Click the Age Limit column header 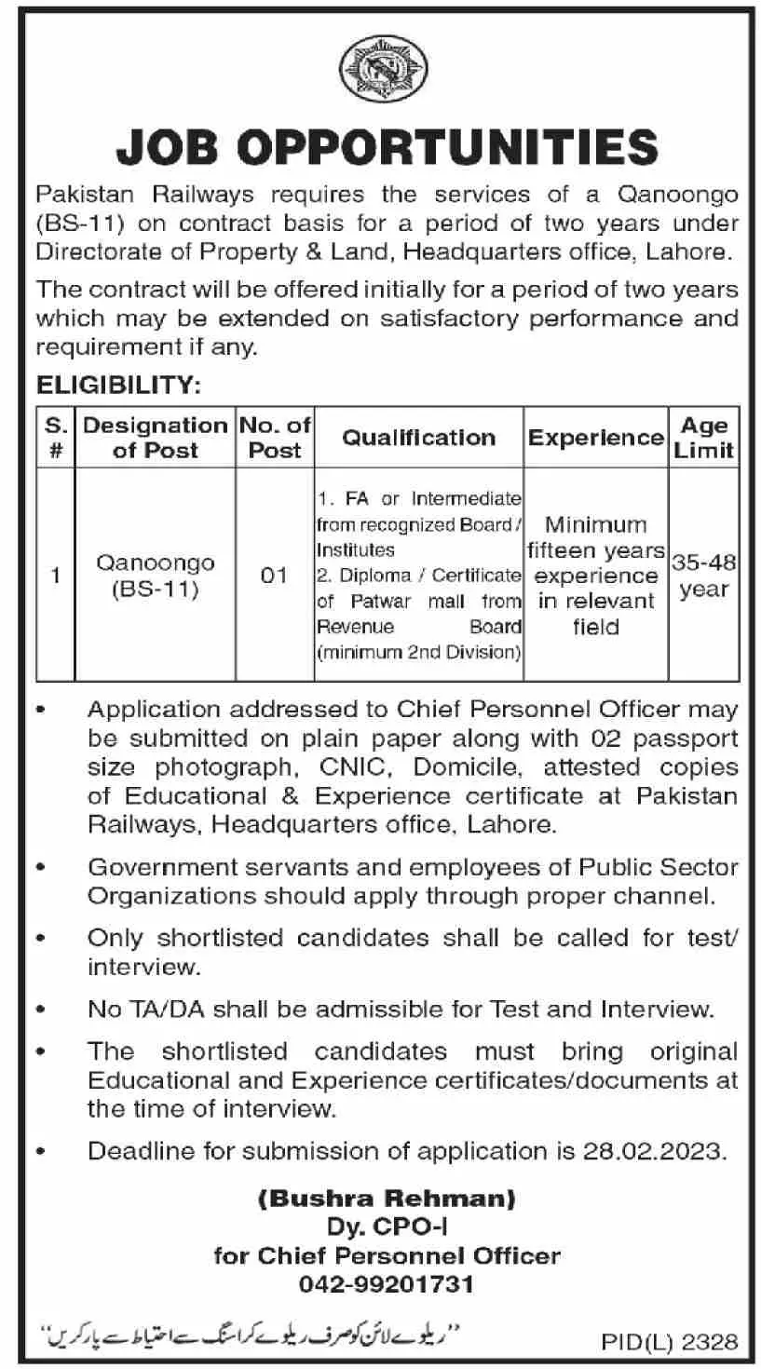704,437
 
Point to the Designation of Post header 155,437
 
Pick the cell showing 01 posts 274,576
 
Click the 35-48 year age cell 704,576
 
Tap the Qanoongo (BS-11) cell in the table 155,576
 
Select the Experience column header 595,437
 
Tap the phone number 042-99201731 387,1285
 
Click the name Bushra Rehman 387,1198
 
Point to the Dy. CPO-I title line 387,1227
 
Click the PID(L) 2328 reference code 670,1342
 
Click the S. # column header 55,437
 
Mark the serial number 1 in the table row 55,576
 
